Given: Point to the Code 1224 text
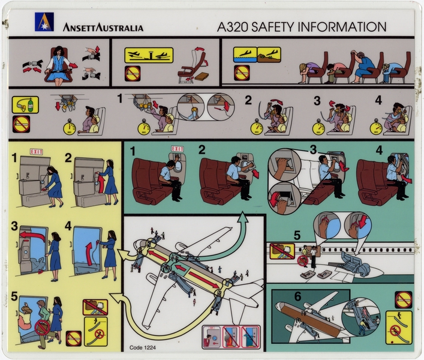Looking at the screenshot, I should coord(143,346).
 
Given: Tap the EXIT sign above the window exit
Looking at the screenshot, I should coord(178,149).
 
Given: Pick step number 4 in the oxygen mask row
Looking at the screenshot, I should coord(378,100).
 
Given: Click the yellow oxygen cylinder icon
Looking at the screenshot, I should coord(25,105).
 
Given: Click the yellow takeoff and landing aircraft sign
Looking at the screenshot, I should coord(148,55).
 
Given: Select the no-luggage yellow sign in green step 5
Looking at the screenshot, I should coord(281,251).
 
